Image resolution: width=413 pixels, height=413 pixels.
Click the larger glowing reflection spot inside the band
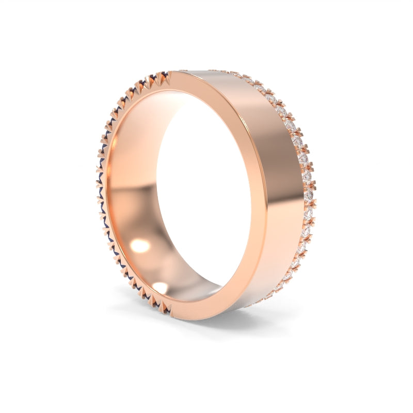tap(140, 246)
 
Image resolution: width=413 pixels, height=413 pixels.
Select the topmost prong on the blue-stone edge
tap(164, 77)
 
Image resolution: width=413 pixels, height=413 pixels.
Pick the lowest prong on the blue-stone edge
tap(164, 308)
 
